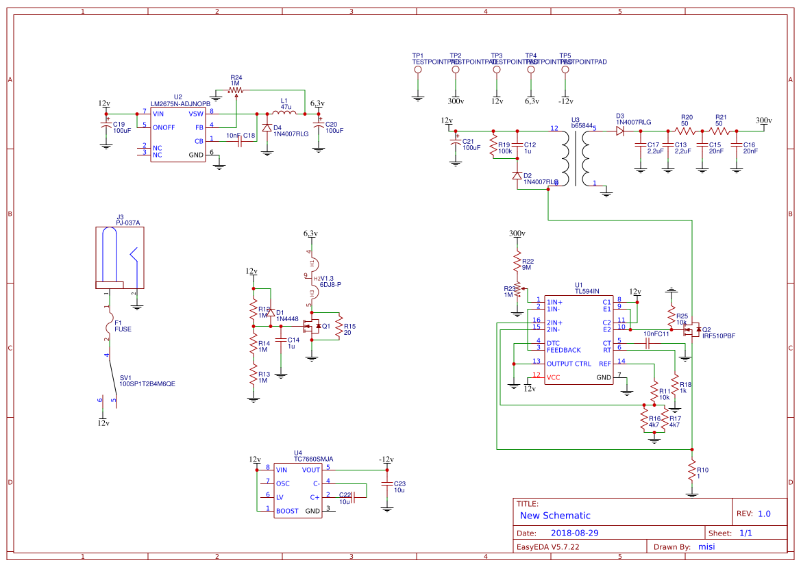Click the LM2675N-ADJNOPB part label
point(180,103)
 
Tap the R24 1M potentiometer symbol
point(236,90)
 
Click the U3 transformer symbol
point(576,157)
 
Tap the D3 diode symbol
point(620,129)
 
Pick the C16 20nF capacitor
point(737,146)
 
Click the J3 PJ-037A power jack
point(120,256)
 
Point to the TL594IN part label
point(587,292)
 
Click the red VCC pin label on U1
point(553,377)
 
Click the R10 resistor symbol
point(692,470)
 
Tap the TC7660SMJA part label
point(313,459)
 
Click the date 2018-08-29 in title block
point(576,533)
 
